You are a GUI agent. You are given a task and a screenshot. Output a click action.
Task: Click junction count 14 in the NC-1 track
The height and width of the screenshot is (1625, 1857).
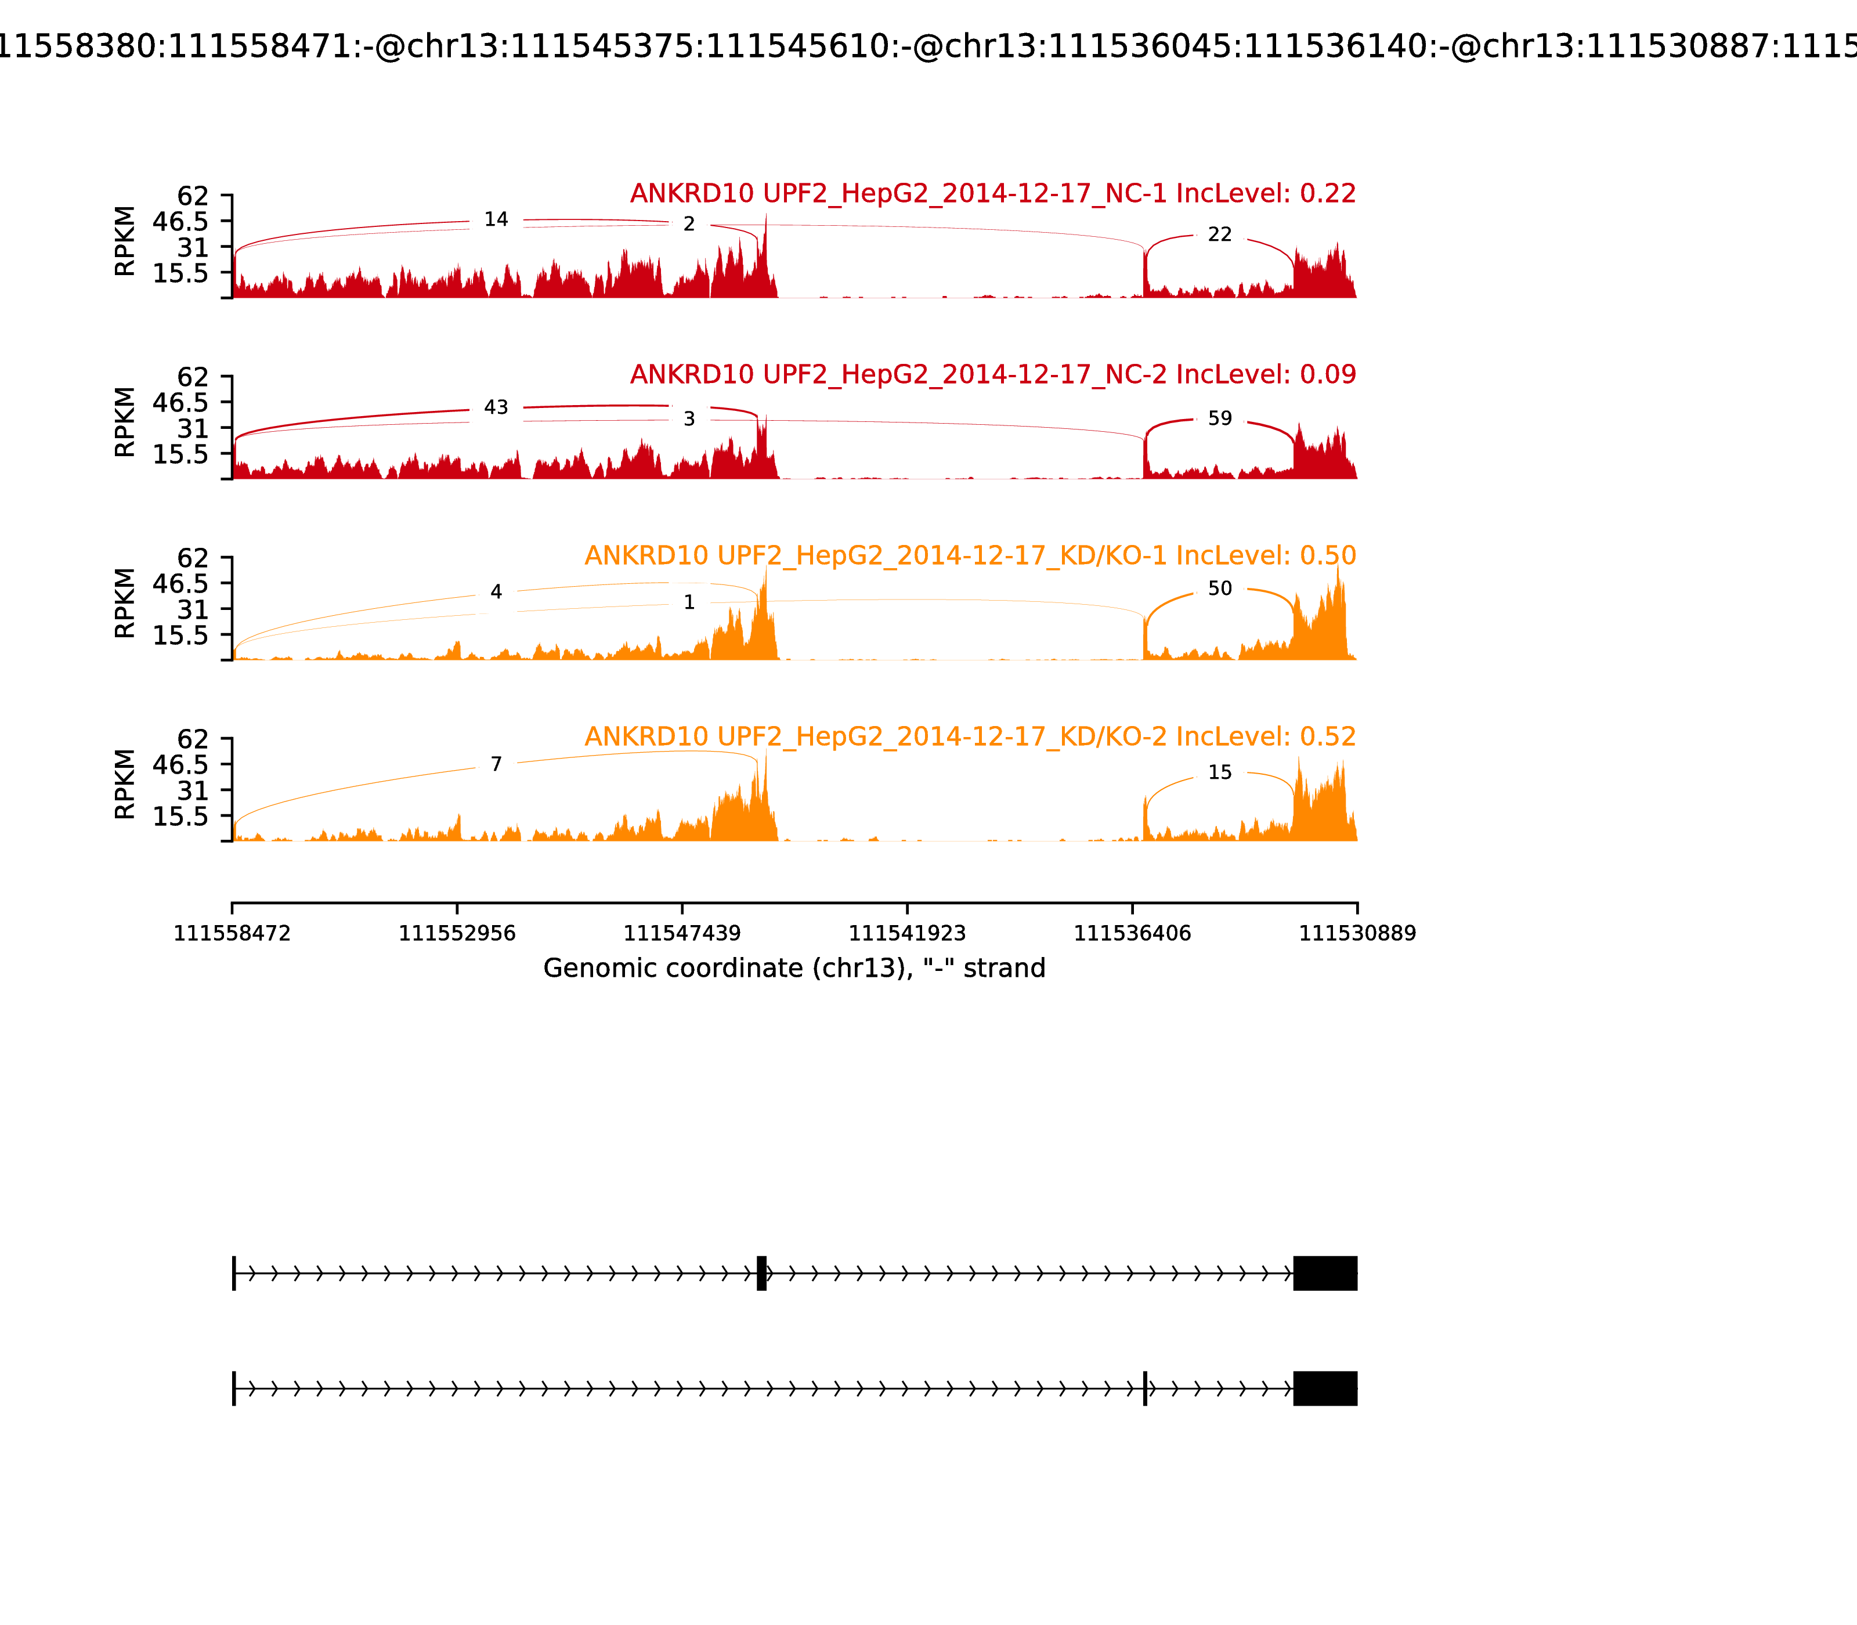(496, 219)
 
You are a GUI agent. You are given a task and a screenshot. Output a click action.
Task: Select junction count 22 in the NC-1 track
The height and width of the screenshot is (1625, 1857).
(1220, 235)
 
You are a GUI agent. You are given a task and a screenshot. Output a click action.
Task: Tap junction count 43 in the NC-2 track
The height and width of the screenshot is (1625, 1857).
(496, 407)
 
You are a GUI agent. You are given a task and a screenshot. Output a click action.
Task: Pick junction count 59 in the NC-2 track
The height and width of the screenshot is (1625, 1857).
(1220, 418)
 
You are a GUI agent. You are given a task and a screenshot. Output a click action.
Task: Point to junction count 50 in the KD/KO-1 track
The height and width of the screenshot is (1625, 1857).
(1220, 588)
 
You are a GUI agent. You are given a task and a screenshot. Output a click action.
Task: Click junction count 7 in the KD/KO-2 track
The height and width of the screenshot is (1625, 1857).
(496, 764)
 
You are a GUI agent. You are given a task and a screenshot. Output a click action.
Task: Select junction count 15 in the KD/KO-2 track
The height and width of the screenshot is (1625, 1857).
(1220, 772)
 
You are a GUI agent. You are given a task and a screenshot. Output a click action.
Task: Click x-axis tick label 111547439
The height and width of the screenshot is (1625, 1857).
(682, 933)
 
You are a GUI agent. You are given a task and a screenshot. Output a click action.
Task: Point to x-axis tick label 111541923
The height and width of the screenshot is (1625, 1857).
(906, 933)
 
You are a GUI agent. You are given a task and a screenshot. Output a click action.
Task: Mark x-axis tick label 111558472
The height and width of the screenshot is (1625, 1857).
(232, 933)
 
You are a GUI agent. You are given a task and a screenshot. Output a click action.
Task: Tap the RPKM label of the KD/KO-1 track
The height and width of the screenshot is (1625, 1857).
(125, 603)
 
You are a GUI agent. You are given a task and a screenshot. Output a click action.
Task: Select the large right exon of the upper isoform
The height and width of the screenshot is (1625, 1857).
(1325, 1273)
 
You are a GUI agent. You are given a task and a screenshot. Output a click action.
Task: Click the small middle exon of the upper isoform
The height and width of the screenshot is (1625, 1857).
(761, 1273)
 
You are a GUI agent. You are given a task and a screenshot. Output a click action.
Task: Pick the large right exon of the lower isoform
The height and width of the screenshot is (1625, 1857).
(1325, 1388)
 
